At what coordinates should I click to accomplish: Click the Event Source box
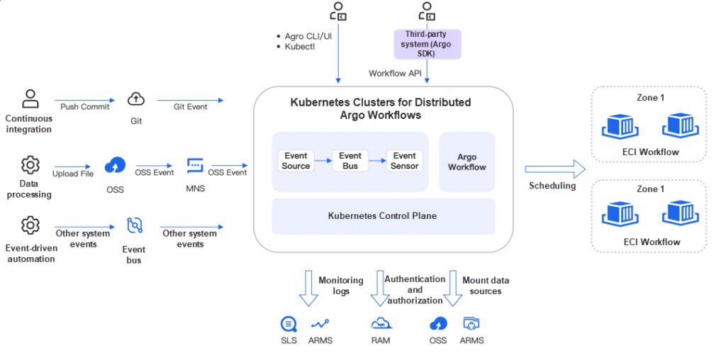296,161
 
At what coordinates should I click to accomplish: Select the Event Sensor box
405,161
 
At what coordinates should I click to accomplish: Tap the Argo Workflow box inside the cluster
467,162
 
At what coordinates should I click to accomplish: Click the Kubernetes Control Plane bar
383,216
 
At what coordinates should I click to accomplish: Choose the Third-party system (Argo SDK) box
428,45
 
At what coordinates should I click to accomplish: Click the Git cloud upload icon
136,99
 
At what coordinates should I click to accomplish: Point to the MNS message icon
195,166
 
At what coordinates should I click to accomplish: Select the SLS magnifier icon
289,324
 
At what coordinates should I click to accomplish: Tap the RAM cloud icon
381,324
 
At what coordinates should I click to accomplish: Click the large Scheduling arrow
555,169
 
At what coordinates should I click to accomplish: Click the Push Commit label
85,107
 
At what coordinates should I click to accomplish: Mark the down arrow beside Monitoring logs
308,288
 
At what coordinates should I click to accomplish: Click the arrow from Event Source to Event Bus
323,161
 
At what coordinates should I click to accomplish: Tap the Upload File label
73,174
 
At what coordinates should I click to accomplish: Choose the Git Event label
190,107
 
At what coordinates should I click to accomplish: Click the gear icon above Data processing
30,164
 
